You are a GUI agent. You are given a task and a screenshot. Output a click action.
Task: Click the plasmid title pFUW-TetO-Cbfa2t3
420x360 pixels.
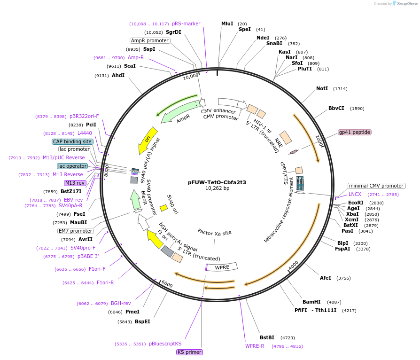tap(217, 182)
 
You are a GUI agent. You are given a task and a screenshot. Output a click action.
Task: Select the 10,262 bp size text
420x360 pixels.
tap(217, 188)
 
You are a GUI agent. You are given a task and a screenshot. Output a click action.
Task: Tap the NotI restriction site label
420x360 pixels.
tap(322, 88)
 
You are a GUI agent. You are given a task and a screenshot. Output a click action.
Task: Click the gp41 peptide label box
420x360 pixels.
tap(355, 132)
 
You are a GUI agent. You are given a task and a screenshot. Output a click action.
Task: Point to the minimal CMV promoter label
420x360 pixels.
tap(376, 186)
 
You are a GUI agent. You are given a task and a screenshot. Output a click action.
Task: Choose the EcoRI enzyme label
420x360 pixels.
tap(356, 203)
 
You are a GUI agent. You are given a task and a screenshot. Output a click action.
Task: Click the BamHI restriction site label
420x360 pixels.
tap(311, 302)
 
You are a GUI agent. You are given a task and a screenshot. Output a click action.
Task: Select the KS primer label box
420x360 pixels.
tap(189, 352)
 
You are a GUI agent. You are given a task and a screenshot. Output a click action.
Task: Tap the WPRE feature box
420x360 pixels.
tap(222, 267)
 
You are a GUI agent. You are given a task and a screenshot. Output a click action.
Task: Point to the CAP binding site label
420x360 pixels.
tap(72, 141)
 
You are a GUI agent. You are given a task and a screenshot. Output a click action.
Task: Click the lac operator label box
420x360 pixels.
tap(72, 166)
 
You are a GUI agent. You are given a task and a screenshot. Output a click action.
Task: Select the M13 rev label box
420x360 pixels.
tap(75, 183)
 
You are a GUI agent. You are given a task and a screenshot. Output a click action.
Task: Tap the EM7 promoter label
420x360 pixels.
tap(76, 231)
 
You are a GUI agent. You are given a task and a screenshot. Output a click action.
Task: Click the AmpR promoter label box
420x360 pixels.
tap(149, 40)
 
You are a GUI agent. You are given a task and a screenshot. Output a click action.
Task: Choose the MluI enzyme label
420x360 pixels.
tap(227, 23)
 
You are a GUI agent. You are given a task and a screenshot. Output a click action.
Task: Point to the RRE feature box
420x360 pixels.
tap(286, 137)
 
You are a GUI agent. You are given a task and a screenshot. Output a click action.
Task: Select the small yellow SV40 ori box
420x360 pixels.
tap(163, 207)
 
